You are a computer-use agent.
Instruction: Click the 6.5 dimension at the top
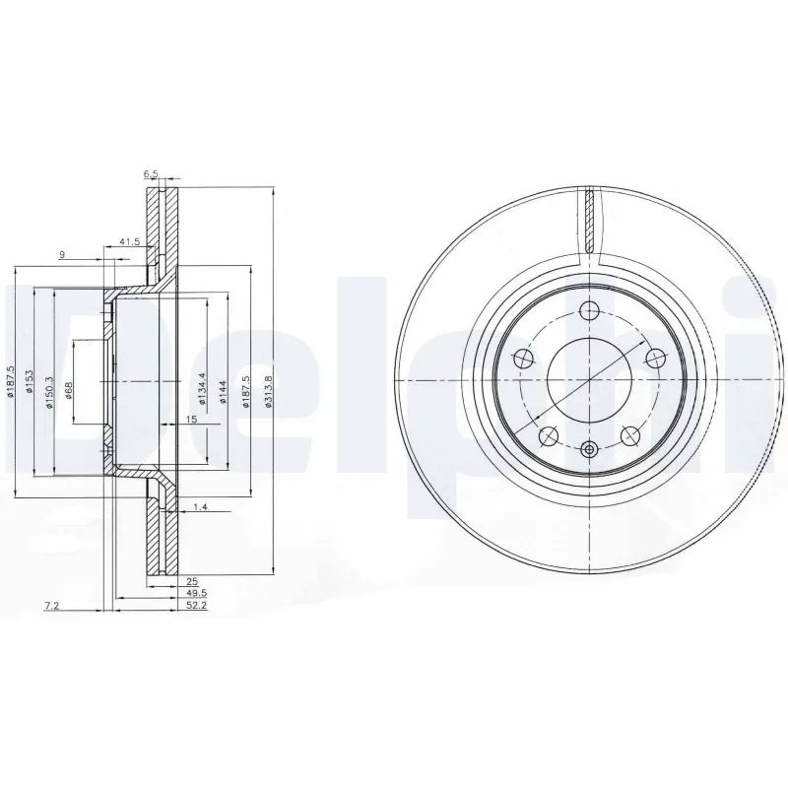tap(151, 174)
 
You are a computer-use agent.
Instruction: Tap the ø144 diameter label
tap(223, 392)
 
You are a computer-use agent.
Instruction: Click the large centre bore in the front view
tap(589, 380)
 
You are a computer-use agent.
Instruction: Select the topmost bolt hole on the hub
tap(589, 311)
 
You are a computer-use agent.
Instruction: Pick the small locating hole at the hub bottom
tap(589, 450)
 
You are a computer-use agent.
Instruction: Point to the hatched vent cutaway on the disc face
tap(589, 220)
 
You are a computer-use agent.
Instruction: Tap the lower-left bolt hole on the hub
tap(550, 435)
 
